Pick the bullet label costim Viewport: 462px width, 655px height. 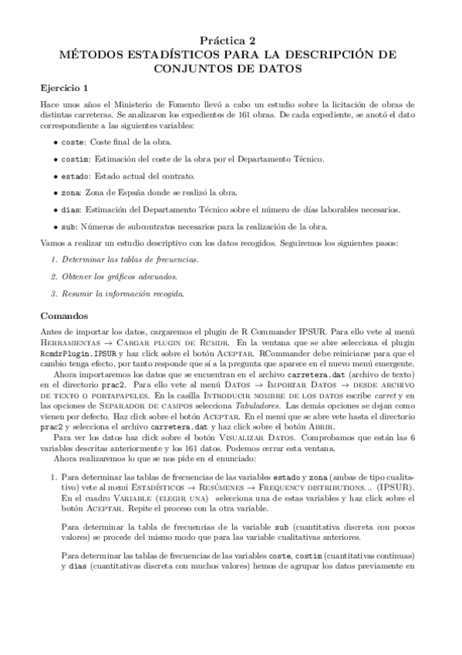point(76,158)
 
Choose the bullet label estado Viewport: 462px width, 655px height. point(76,175)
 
